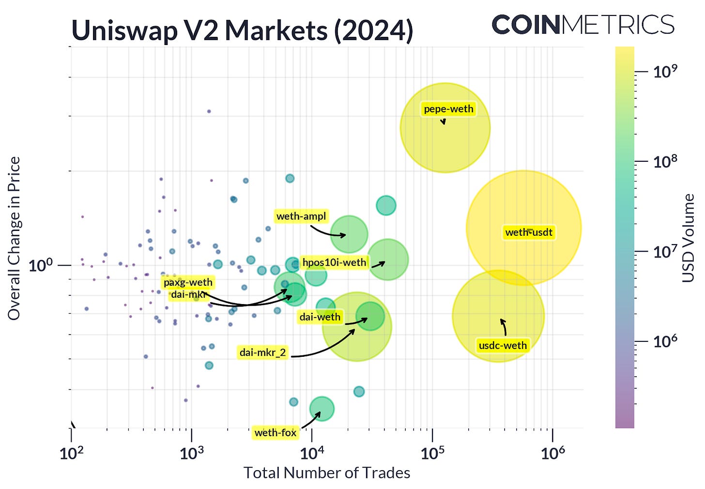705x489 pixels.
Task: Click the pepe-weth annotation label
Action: [x=448, y=109]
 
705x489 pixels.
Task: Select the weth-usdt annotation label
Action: [x=529, y=232]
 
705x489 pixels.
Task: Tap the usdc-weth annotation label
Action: [x=503, y=346]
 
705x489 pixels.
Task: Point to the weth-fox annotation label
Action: [x=275, y=433]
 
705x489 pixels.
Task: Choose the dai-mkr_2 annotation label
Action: [x=263, y=352]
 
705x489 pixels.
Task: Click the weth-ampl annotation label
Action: [x=301, y=216]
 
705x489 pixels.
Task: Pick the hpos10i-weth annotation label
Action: [x=334, y=263]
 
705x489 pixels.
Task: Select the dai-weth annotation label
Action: [x=320, y=317]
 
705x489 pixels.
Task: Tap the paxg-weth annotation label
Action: [x=188, y=282]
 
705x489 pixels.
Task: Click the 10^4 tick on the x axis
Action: [x=312, y=454]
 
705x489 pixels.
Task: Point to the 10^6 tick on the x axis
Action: [x=552, y=454]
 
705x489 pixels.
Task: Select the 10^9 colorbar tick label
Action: [x=665, y=72]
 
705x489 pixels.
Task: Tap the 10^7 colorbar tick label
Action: [x=665, y=252]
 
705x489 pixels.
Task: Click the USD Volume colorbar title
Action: [x=688, y=238]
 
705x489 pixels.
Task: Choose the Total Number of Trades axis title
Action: [x=327, y=473]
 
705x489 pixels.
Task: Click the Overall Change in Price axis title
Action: [x=14, y=238]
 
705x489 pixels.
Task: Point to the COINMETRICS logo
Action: [x=583, y=25]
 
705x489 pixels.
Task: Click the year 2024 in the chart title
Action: [x=373, y=31]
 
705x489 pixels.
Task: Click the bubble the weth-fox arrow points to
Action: [x=322, y=409]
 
